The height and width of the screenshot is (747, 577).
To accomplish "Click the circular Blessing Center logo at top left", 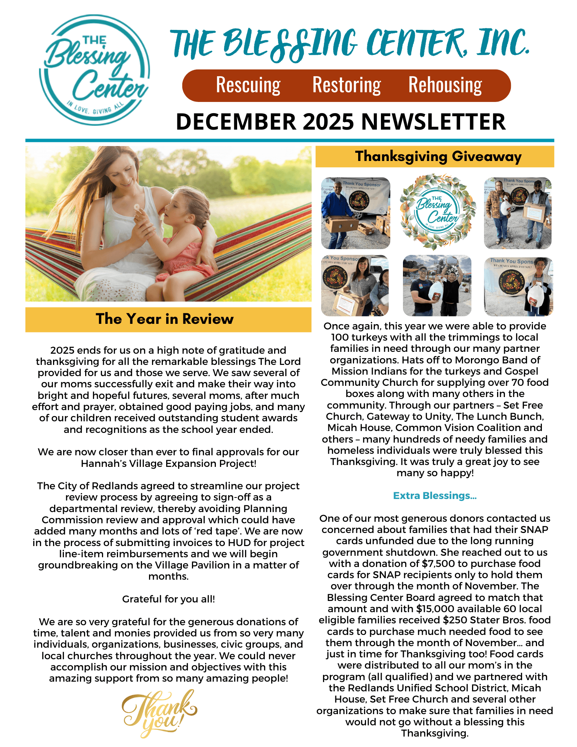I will point(94,70).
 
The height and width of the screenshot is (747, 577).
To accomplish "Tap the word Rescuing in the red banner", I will point(248,85).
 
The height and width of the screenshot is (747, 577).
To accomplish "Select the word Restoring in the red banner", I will point(347,85).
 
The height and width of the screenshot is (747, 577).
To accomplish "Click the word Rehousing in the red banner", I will point(445,85).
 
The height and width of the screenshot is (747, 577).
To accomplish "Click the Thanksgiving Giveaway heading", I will point(438,156).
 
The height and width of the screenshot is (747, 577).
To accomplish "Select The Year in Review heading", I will point(165,319).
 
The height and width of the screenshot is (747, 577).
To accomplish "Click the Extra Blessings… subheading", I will point(435,496).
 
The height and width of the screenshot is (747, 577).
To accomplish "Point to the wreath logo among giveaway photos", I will point(437,212).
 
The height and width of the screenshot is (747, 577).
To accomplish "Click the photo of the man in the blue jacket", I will point(355,213).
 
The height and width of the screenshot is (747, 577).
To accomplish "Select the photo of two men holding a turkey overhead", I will point(437,285).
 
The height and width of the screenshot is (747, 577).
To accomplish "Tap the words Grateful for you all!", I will point(168,599).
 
